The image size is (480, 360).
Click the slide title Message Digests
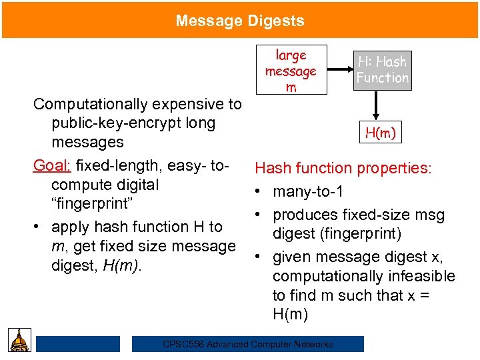240,21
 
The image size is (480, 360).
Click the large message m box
291,71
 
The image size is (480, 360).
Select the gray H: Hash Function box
382,70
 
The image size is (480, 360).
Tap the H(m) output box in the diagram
381,133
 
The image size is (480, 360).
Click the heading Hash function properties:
343,169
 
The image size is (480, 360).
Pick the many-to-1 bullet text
308,192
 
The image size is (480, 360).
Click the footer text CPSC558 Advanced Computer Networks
248,344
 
